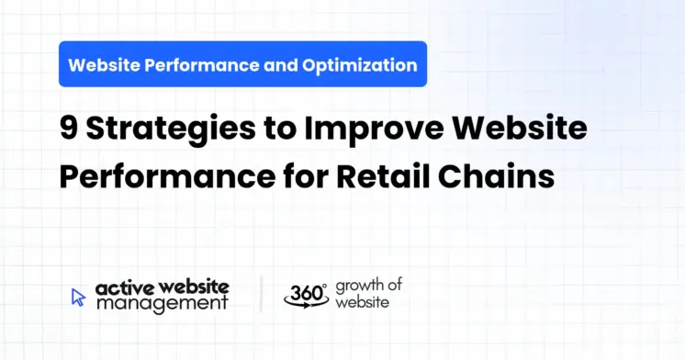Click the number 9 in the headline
coord(70,130)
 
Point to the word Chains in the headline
coord(508,174)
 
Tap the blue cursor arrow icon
coord(78,297)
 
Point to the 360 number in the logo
coord(304,293)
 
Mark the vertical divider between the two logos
coord(262,294)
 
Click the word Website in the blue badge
coord(103,65)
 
